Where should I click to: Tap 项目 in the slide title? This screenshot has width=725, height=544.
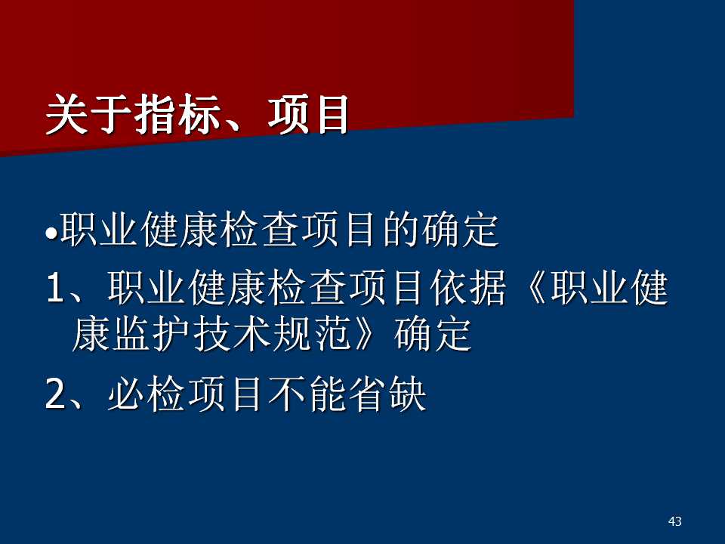pos(307,114)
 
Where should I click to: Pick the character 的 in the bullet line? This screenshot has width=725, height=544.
pos(400,229)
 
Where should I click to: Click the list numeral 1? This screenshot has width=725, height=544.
pos(55,288)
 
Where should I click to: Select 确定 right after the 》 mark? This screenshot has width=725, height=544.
pos(433,334)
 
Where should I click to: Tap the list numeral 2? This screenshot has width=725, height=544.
pos(55,394)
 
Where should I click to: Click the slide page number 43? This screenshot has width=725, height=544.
pos(674,521)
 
